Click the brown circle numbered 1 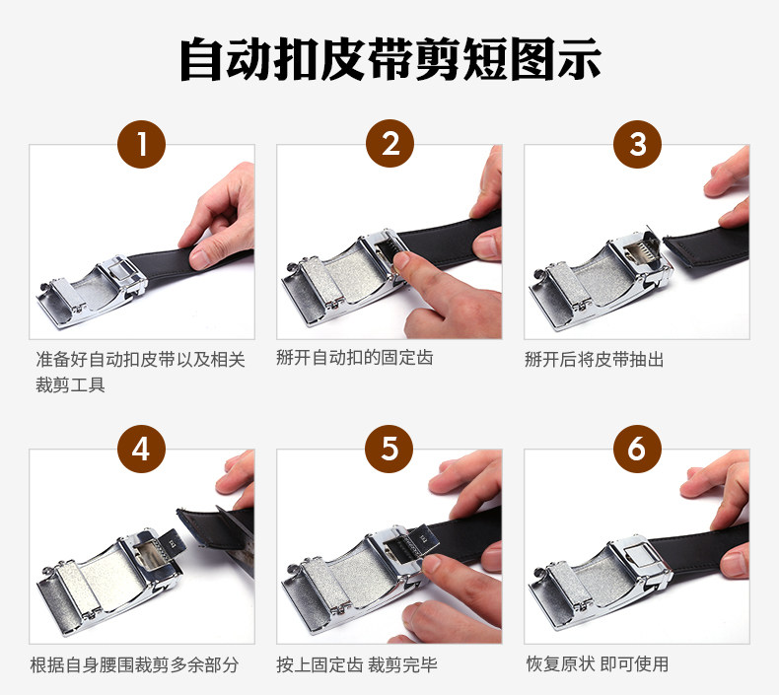point(142,144)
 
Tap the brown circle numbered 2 point(390,143)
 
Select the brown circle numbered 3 point(637,144)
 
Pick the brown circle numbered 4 point(142,449)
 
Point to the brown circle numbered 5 point(389,449)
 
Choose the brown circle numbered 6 point(637,449)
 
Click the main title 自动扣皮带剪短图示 point(390,59)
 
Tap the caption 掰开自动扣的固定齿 point(355,358)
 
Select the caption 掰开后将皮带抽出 point(595,359)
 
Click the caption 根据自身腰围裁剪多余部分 point(134,664)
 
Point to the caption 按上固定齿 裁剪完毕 point(357,664)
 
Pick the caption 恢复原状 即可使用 point(598,663)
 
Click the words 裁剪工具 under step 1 point(70,385)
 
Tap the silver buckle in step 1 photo point(93,291)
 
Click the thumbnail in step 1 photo point(200,258)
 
